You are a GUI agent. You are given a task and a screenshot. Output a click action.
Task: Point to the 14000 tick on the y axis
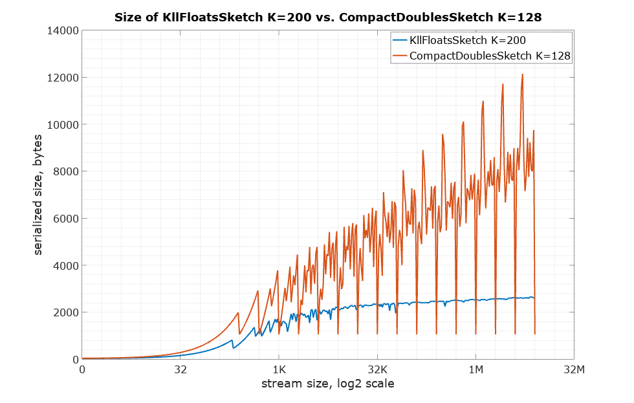tap(63, 31)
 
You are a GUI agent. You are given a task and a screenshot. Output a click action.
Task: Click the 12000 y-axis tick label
tap(63, 78)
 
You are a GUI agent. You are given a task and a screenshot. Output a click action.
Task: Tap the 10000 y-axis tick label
tap(63, 125)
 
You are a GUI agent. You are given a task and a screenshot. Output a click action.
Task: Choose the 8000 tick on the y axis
tap(65, 171)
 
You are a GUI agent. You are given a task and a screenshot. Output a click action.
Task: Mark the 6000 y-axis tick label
tap(65, 219)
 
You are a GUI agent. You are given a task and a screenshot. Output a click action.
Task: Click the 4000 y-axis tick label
tap(65, 266)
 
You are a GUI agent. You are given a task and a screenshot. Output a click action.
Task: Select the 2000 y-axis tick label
tap(65, 312)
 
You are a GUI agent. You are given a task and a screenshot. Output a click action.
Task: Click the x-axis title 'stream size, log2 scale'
tap(327, 384)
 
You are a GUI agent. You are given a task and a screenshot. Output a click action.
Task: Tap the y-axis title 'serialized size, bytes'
tap(39, 195)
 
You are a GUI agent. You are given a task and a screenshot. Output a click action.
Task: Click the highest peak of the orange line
tap(522, 74)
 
